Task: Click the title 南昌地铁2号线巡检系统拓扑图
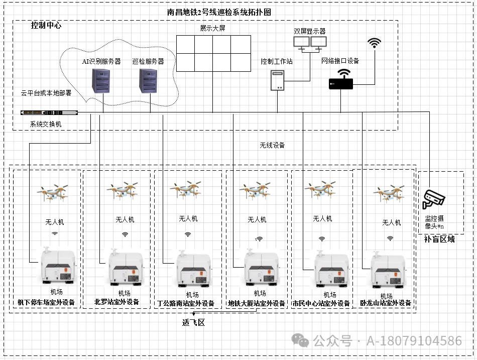pyautogui.click(x=219, y=12)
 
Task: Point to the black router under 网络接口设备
pyautogui.click(x=341, y=81)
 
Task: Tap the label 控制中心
pyautogui.click(x=46, y=25)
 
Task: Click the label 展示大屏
pyautogui.click(x=213, y=28)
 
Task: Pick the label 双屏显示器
pyautogui.click(x=310, y=31)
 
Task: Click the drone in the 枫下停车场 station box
pyautogui.click(x=53, y=192)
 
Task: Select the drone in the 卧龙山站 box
pyautogui.click(x=389, y=193)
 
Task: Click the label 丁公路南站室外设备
pyautogui.click(x=186, y=303)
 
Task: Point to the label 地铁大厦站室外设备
pyautogui.click(x=257, y=303)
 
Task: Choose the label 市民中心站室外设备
pyautogui.click(x=321, y=303)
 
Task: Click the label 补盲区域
pyautogui.click(x=439, y=239)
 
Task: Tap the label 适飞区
pyautogui.click(x=193, y=322)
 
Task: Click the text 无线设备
pyautogui.click(x=272, y=146)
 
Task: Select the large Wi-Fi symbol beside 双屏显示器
pyautogui.click(x=374, y=43)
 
